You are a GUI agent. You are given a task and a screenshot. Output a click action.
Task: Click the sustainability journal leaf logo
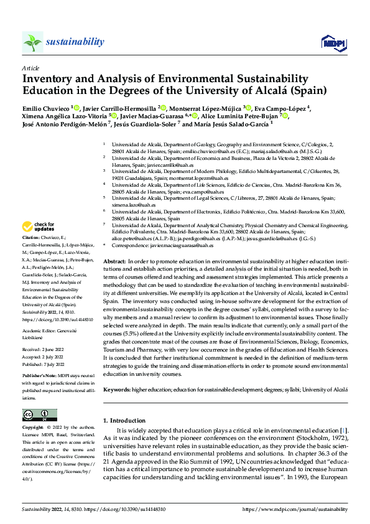32,42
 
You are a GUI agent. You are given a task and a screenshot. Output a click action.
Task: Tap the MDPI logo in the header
332,42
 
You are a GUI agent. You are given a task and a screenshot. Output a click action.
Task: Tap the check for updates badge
40,227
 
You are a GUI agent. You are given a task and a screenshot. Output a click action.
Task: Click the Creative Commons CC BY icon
40,415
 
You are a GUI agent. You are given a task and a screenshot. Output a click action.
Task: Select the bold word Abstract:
116,261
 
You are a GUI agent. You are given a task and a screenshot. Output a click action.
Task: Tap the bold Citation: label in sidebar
32,238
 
